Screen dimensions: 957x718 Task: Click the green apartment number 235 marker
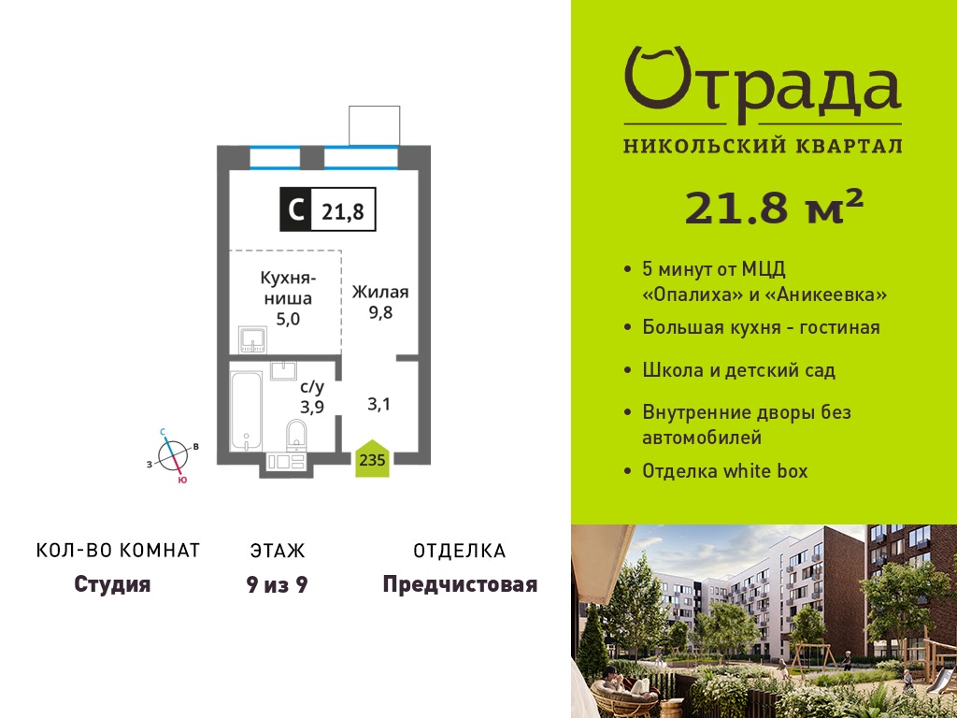click(x=372, y=458)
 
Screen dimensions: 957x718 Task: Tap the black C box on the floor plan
click(x=295, y=209)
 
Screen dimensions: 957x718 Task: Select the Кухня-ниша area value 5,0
click(x=288, y=319)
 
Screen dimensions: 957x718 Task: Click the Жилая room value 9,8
click(x=379, y=312)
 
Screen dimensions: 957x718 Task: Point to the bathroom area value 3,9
click(x=312, y=408)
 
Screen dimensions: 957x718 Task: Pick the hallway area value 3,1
click(x=379, y=404)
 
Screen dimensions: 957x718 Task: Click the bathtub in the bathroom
click(x=247, y=411)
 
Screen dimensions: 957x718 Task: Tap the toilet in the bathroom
click(x=296, y=435)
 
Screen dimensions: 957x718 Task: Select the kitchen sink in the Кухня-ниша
click(x=252, y=340)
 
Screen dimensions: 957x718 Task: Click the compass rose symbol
click(x=172, y=455)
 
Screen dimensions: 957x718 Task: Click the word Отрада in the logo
click(x=763, y=83)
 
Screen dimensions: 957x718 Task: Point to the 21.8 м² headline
click(x=774, y=208)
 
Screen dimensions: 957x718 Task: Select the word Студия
click(x=112, y=584)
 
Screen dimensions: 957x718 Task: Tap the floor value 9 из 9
click(x=277, y=585)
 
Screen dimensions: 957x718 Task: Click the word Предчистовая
click(x=460, y=585)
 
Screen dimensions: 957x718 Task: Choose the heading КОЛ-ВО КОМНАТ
click(x=119, y=551)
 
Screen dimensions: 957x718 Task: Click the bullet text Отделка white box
click(x=725, y=471)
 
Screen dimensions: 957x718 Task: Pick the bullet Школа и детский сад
click(x=739, y=370)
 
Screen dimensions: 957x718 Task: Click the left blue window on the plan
click(x=275, y=157)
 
